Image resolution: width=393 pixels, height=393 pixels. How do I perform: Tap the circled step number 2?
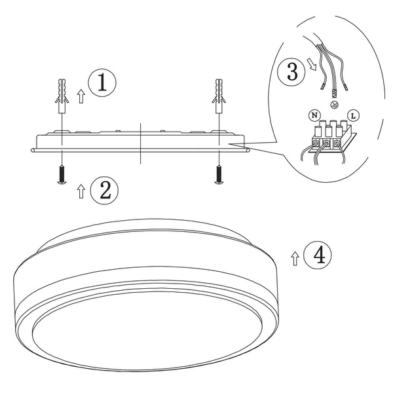click(x=104, y=190)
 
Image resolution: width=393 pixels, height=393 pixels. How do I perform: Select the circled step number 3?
click(x=290, y=71)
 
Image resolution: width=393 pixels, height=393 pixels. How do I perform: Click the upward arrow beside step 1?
click(x=81, y=97)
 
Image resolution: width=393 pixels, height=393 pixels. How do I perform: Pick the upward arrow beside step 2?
click(x=81, y=191)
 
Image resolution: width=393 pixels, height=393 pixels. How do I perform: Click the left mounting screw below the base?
click(x=61, y=175)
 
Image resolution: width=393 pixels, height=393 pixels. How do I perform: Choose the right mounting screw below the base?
click(x=217, y=174)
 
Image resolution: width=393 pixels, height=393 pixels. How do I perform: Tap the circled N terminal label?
click(x=315, y=115)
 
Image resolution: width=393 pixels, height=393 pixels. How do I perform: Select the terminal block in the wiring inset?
click(x=327, y=134)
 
